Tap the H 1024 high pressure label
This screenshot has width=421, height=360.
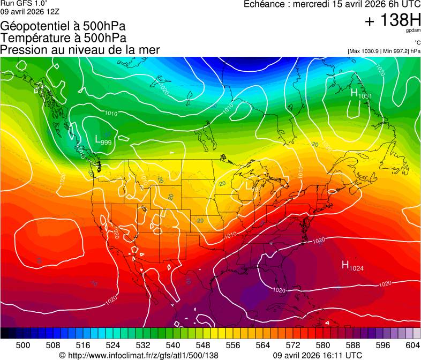pos(352,265)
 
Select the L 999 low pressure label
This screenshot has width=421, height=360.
pos(103,140)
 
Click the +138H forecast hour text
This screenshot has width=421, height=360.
pos(393,21)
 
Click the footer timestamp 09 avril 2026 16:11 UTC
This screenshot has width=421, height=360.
pos(317,355)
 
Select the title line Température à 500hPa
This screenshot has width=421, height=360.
pos(63,37)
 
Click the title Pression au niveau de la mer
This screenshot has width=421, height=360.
pos(80,50)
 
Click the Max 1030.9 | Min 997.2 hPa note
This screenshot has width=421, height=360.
pos(384,51)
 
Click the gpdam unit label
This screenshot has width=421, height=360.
pos(414,31)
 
